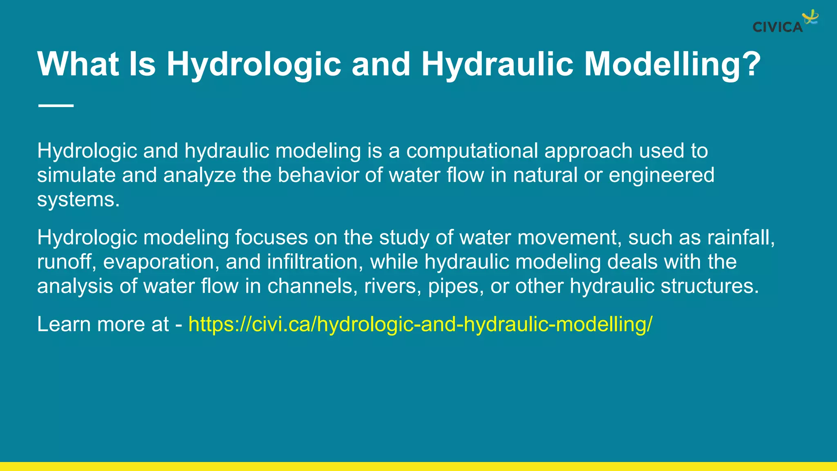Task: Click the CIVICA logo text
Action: pos(777,27)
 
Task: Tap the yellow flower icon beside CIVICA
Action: pos(810,18)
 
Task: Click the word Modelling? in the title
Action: pos(672,64)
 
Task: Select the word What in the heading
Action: pos(78,64)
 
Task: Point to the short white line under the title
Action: pos(56,105)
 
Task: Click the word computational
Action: pos(472,151)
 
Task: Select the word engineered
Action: pos(661,175)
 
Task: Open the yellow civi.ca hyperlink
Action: pos(420,324)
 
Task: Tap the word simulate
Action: pos(76,175)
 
